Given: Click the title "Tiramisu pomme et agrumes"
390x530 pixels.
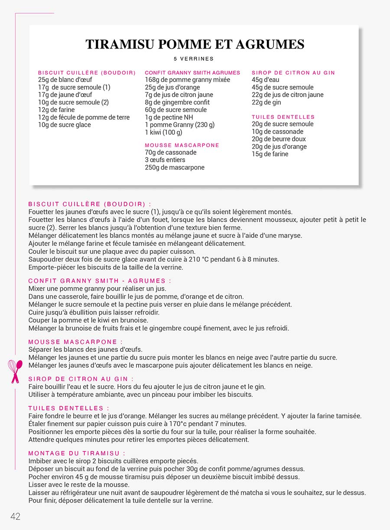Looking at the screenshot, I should click(195, 44).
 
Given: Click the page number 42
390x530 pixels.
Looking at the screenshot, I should click(16, 516).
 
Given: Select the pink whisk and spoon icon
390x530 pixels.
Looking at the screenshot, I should click(15, 371).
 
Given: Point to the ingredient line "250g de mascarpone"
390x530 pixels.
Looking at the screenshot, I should click(175, 167).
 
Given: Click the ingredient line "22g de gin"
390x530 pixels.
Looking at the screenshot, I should click(266, 102).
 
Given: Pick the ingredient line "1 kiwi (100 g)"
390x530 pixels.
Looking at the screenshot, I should click(163, 132).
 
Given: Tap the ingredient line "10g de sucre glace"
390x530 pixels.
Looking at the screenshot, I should click(65, 125).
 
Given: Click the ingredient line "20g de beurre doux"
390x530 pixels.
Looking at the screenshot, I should click(279, 139).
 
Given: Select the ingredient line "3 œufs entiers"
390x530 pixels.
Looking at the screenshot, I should click(165, 160).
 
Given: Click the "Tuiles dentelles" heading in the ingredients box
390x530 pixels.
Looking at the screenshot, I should click(283, 117).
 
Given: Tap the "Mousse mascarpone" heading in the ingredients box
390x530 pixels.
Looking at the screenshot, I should click(182, 145).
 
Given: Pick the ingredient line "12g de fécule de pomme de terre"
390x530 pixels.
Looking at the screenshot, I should click(84, 117).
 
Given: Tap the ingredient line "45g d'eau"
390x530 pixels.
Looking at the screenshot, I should click(266, 80).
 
